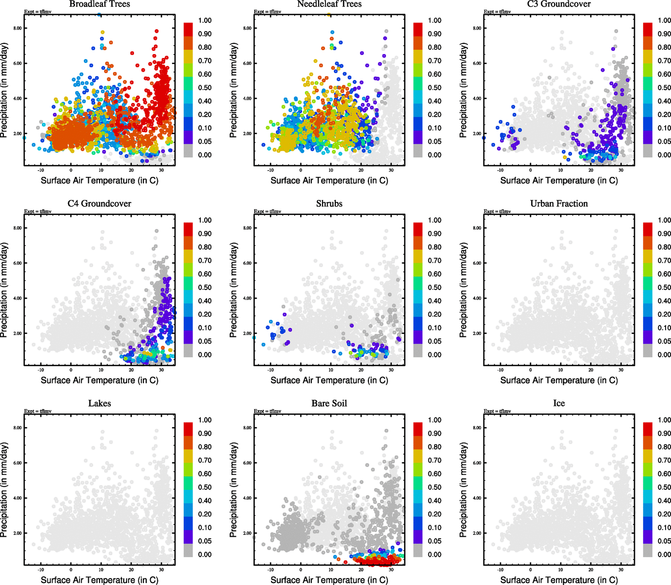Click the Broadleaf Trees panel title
[99, 4]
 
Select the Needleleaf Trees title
[329, 4]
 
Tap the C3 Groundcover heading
[559, 4]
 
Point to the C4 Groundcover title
[99, 204]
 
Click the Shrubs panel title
[329, 204]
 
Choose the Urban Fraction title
[559, 204]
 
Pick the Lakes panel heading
[99, 404]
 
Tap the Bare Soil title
[329, 404]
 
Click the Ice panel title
[559, 404]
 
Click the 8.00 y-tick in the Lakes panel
[17, 428]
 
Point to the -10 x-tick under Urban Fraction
[500, 370]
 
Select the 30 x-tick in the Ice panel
[621, 570]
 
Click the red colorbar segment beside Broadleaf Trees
[188, 29]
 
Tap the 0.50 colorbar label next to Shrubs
[435, 288]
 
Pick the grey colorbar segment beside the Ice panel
[648, 551]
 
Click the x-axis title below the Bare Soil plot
[329, 580]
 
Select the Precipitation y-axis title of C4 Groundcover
[4, 290]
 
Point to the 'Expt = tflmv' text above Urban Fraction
[497, 212]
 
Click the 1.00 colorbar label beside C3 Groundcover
[664, 20]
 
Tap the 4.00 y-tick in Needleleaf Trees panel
[247, 98]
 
